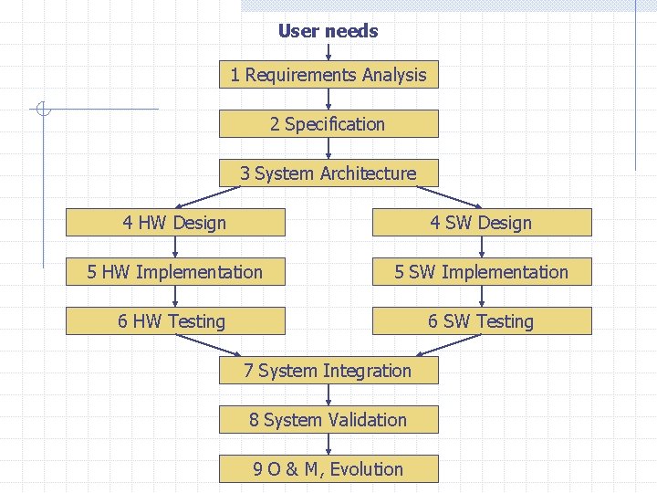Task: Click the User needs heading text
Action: point(328,31)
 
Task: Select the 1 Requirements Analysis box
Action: point(328,75)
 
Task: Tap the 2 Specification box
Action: point(328,124)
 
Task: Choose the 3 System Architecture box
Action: point(328,173)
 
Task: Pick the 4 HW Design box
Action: point(175,223)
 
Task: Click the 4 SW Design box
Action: point(481,223)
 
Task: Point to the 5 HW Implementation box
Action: point(175,272)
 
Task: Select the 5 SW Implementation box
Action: point(481,272)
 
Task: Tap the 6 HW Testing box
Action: point(175,321)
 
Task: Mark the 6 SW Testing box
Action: point(481,321)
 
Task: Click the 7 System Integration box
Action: point(328,371)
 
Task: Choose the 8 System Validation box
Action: point(328,420)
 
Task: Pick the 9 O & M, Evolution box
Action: point(328,469)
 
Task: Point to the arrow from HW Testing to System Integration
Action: point(208,345)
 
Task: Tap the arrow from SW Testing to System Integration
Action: point(449,345)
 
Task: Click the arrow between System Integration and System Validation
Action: point(328,395)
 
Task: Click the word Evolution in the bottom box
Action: point(366,469)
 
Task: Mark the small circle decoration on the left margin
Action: point(42,110)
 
